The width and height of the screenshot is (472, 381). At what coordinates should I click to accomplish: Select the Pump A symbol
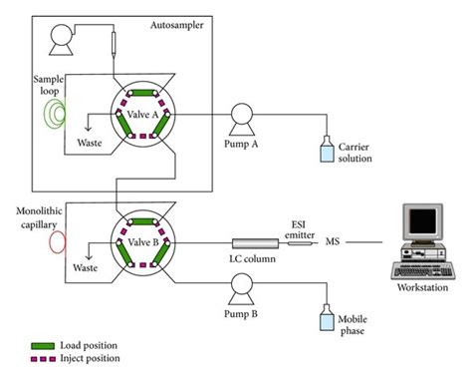242,116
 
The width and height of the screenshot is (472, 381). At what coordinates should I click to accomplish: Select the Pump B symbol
242,290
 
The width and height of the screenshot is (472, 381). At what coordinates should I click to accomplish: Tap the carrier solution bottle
325,150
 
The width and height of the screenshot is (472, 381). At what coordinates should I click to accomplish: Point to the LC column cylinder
254,242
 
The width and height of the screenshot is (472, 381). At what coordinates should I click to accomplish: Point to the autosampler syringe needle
115,46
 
